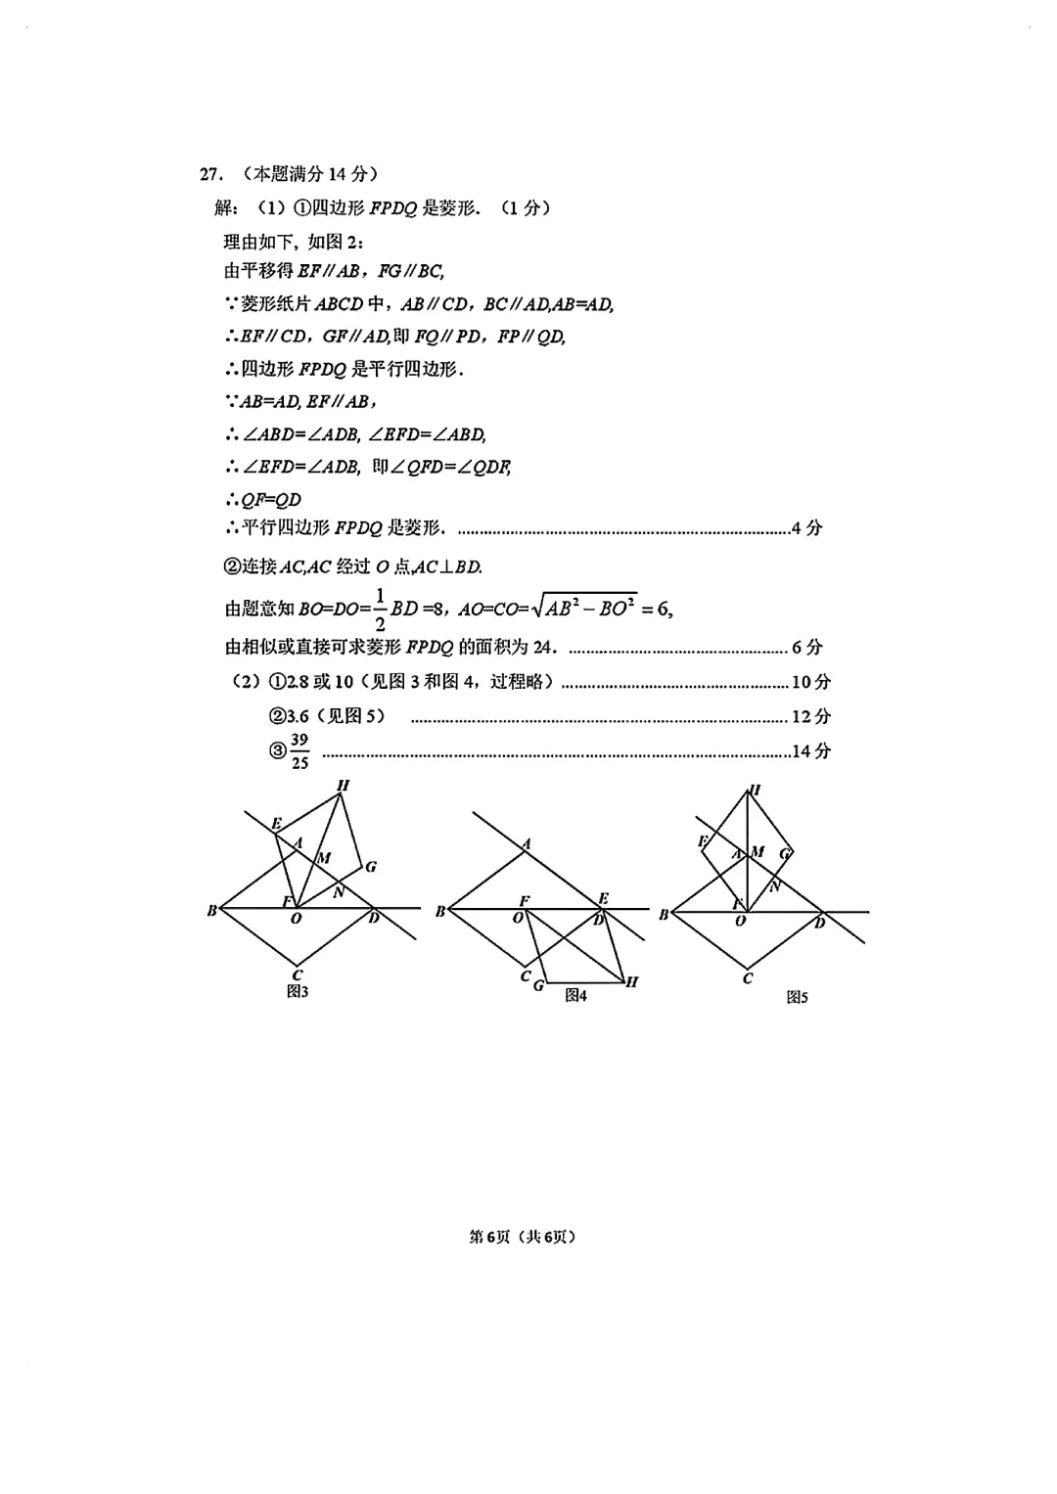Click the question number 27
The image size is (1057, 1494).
(208, 174)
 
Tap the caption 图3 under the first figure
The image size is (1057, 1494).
(298, 992)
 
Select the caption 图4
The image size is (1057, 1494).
(575, 995)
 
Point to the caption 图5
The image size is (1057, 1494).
(797, 997)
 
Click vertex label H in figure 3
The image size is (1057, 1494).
(343, 785)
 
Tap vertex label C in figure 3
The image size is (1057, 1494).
(298, 974)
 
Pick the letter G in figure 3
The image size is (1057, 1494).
(371, 866)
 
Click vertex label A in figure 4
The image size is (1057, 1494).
(526, 843)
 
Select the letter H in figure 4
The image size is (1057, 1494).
(632, 981)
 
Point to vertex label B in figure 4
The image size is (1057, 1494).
(440, 912)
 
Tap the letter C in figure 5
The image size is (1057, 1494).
(748, 977)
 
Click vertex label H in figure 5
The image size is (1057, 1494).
(755, 791)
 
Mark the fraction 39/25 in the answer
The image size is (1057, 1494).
(299, 751)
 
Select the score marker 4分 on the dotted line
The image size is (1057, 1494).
(806, 528)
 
